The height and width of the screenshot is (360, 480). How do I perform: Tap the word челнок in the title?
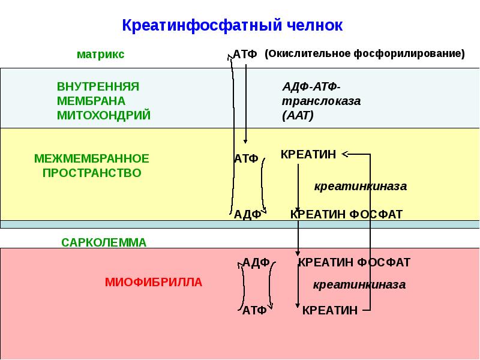pos(315,26)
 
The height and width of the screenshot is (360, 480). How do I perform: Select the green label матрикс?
pos(100,54)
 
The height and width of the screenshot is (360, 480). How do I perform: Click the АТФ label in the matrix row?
pos(245,55)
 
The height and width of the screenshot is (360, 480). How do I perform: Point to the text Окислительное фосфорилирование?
pos(365,53)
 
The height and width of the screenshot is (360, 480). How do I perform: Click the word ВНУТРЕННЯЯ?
pos(98,86)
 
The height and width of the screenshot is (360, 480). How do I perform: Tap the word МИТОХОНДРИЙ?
pos(104,115)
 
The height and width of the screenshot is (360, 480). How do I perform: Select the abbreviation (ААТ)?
pos(298,115)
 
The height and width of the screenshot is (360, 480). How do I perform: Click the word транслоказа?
pos(321,101)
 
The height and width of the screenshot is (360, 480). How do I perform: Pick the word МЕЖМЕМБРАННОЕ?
pos(91,159)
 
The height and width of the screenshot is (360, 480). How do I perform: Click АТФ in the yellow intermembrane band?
pos(246,159)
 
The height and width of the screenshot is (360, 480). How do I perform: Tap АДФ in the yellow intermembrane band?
pos(247,214)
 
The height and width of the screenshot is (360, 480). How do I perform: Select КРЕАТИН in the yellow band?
pos(308,155)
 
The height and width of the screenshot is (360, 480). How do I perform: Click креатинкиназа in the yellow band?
pos(361,187)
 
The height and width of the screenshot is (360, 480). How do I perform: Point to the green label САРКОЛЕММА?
pos(104,242)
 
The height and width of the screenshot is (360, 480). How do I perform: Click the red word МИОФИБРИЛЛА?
pos(154,281)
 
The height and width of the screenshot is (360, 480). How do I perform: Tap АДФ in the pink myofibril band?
pos(256,262)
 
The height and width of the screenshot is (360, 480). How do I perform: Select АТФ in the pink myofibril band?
pos(254,310)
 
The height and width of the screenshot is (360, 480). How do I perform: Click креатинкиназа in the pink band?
pos(359,284)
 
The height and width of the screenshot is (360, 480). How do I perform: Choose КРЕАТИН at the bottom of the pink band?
pos(329,310)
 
